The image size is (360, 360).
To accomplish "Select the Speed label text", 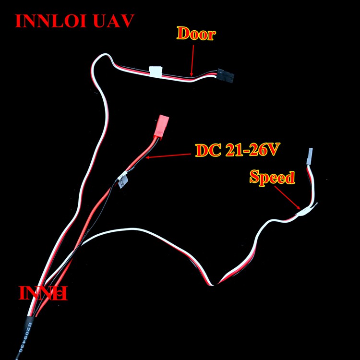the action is tap(272, 178).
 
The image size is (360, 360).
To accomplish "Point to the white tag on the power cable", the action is tap(123, 181).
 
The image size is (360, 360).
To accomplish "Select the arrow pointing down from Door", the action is tap(192, 58).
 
